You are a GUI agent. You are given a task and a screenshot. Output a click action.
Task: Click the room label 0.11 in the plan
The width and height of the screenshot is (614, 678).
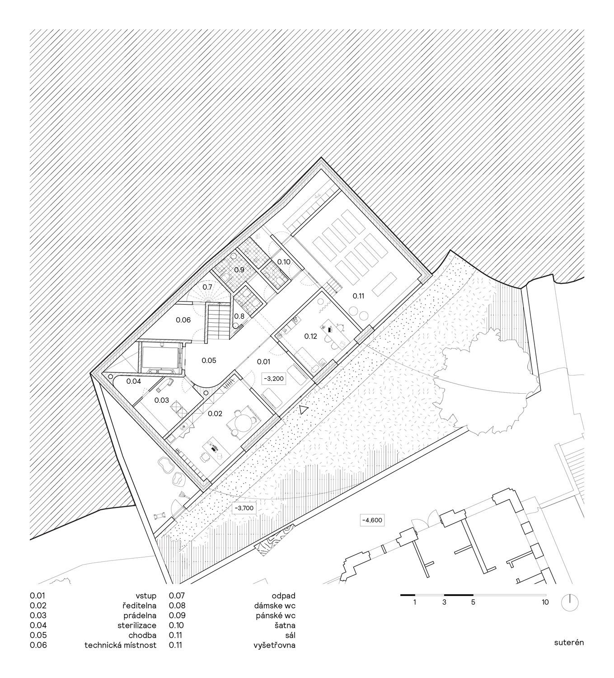(358, 296)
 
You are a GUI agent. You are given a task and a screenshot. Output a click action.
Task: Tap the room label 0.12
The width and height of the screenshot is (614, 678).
(310, 336)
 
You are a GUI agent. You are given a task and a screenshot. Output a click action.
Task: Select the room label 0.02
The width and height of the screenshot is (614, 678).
(215, 414)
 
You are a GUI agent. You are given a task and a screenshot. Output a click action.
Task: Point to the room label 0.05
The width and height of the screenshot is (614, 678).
(209, 360)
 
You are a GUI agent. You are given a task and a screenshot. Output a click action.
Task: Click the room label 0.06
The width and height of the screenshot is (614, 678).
(183, 320)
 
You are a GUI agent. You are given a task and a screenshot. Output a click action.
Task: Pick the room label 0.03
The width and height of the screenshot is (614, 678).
(162, 400)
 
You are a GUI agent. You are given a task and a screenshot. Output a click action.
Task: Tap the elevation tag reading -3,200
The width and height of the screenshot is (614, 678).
(275, 378)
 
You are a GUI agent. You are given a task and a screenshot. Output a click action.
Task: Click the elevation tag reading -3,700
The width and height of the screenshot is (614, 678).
(244, 518)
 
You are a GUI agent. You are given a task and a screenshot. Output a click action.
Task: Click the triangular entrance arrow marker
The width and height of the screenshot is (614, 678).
(303, 410)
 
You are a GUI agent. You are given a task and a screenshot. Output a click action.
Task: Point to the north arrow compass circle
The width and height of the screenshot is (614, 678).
(570, 603)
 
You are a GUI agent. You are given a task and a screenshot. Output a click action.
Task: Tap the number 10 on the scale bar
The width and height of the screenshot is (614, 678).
(545, 602)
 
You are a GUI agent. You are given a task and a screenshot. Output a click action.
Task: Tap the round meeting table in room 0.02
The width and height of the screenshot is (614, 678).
(242, 423)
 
